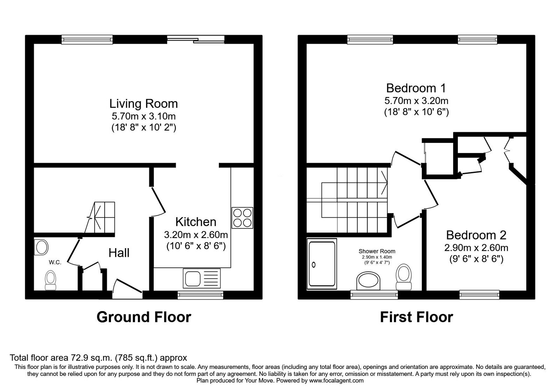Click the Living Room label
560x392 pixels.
click(x=143, y=104)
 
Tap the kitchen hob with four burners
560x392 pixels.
click(x=242, y=218)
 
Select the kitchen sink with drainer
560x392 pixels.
click(x=202, y=278)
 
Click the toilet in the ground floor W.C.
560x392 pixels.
click(x=50, y=280)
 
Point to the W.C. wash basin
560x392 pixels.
click(x=41, y=247)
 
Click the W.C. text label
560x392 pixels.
click(x=55, y=262)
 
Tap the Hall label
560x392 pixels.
click(x=119, y=253)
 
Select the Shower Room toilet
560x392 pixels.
click(x=404, y=277)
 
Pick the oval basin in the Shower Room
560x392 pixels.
click(x=368, y=281)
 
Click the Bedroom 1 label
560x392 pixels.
click(x=416, y=88)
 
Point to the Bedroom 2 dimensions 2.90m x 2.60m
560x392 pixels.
click(x=476, y=248)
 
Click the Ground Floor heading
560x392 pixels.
click(x=144, y=317)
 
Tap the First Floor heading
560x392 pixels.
click(x=416, y=317)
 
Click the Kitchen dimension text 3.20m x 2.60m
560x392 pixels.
click(x=196, y=235)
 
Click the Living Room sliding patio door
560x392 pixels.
click(x=196, y=40)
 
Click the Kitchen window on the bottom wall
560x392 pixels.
click(x=200, y=295)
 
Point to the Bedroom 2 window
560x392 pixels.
click(x=479, y=295)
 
